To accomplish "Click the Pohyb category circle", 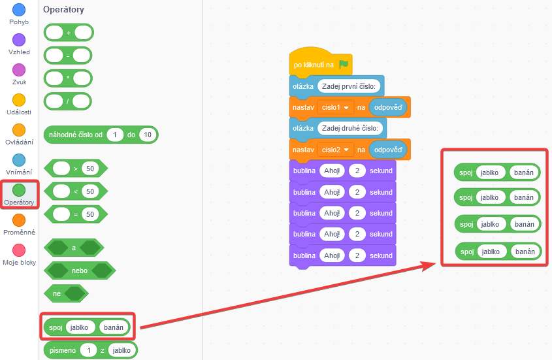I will (19, 10).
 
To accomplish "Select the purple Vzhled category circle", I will (19, 40).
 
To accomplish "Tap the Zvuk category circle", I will (19, 70).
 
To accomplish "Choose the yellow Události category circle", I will (19, 100).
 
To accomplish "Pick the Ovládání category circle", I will (19, 130).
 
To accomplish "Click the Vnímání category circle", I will (19, 160).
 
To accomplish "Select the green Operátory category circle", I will (19, 190).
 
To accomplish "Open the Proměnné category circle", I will (19, 220).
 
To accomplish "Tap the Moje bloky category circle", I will (19, 250).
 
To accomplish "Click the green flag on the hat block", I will (344, 65).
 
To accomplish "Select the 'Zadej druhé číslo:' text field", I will (350, 128).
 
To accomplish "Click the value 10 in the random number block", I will (148, 135).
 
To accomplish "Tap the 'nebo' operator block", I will (79, 270).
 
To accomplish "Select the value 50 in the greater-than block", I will (89, 169).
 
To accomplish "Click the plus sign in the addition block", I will (69, 33).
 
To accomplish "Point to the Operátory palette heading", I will (63, 10).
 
